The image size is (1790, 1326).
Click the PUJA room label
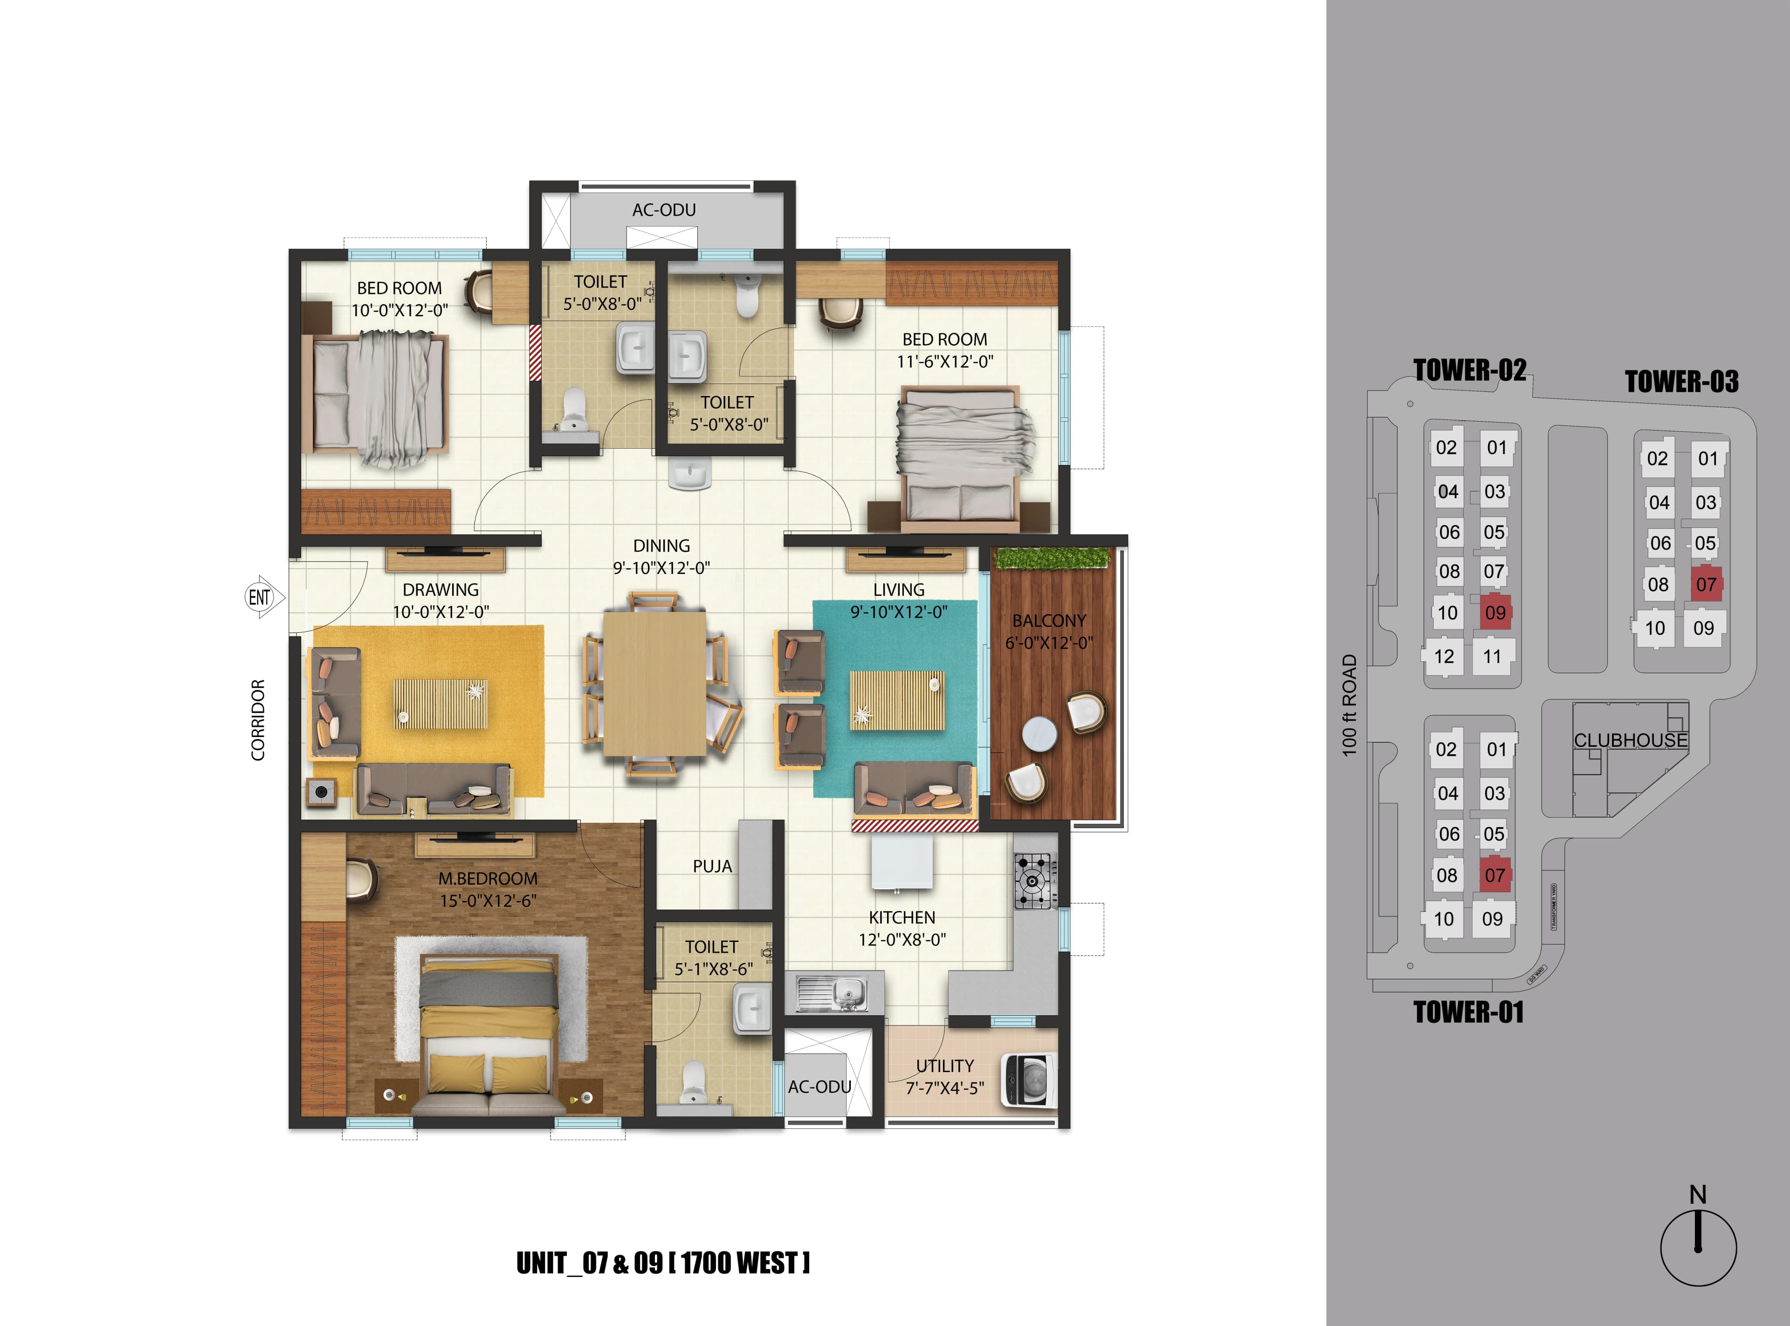tap(712, 866)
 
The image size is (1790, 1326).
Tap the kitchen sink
tap(833, 993)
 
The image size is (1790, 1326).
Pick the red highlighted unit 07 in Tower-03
tap(1706, 584)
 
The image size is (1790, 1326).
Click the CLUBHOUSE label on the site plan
tap(1630, 740)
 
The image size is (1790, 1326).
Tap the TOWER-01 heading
tap(1468, 1012)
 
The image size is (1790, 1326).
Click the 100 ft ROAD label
tap(1349, 705)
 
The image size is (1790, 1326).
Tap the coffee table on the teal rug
tap(897, 700)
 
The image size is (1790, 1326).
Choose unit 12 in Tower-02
tap(1444, 656)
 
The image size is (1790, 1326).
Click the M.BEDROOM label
tap(488, 878)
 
